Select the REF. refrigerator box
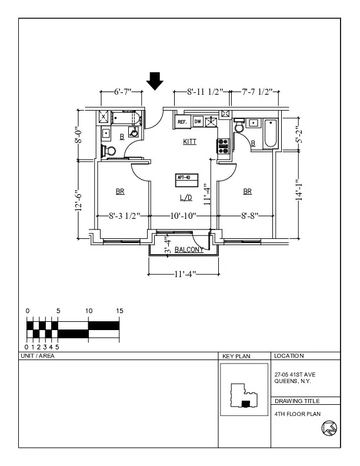(x=182, y=122)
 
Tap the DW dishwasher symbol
(x=198, y=122)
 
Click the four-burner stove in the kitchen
(x=223, y=146)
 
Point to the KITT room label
(x=189, y=142)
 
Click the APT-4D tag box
(x=188, y=178)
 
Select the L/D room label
(x=186, y=198)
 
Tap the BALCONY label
(x=189, y=249)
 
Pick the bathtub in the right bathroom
(x=271, y=133)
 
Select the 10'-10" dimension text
(x=182, y=216)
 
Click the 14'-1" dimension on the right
(x=299, y=191)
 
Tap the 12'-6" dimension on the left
(x=79, y=202)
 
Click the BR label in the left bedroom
(x=120, y=192)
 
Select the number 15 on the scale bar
(x=119, y=311)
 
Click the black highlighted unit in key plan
(x=246, y=403)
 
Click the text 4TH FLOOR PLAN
(x=298, y=414)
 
